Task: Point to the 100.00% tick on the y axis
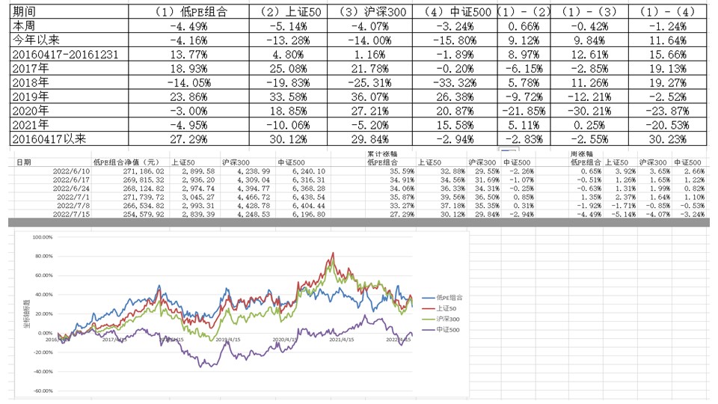point(43,237)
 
